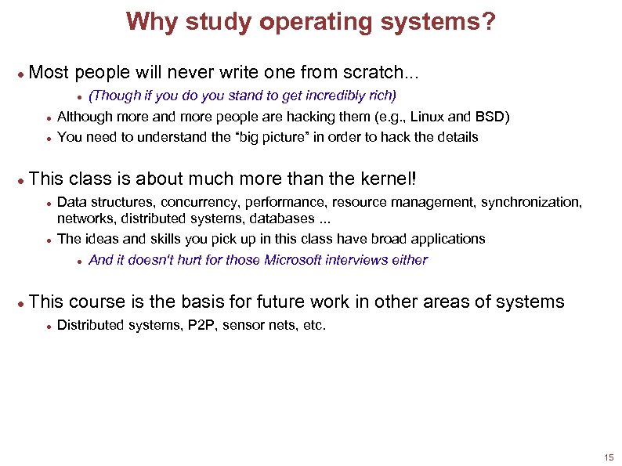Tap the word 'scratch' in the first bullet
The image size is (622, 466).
click(373, 74)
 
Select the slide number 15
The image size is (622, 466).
click(609, 457)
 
